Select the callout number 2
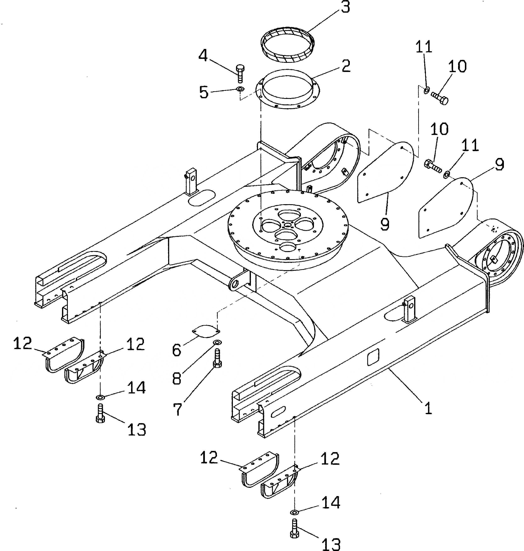click(x=346, y=67)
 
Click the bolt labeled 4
click(x=240, y=73)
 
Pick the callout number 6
click(x=176, y=350)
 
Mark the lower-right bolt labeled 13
click(x=294, y=528)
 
